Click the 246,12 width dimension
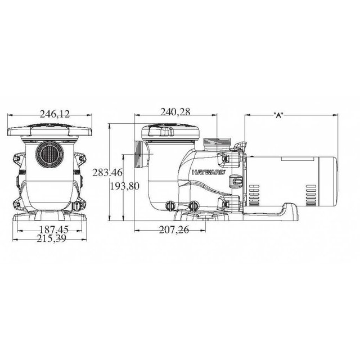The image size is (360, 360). [55, 114]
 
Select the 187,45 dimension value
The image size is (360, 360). [55, 229]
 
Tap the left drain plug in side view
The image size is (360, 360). [170, 206]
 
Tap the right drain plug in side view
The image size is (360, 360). [194, 206]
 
